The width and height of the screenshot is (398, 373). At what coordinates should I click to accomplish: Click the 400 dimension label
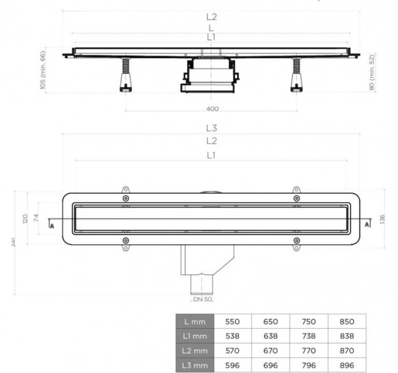pyautogui.click(x=212, y=109)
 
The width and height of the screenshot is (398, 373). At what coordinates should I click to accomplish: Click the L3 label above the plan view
pyautogui.click(x=212, y=128)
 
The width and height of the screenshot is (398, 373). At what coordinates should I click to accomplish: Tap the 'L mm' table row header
pyautogui.click(x=195, y=322)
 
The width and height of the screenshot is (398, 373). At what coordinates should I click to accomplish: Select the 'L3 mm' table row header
pyautogui.click(x=195, y=365)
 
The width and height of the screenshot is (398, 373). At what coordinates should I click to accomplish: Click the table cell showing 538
pyautogui.click(x=233, y=336)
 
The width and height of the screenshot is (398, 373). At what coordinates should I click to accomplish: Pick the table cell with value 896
pyautogui.click(x=347, y=365)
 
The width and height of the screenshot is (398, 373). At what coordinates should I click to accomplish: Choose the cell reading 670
pyautogui.click(x=271, y=351)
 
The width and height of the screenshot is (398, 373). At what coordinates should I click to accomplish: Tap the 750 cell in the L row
pyautogui.click(x=309, y=322)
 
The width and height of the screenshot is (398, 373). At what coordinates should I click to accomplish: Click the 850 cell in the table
pyautogui.click(x=347, y=322)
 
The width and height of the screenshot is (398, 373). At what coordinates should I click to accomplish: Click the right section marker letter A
pyautogui.click(x=367, y=225)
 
